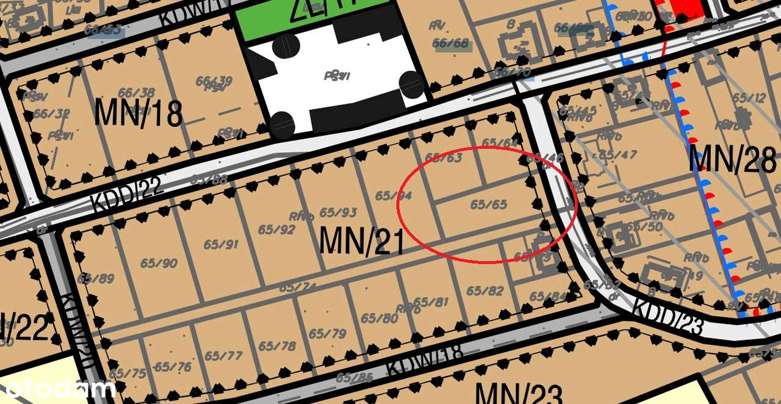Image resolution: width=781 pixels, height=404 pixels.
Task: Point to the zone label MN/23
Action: [519, 393]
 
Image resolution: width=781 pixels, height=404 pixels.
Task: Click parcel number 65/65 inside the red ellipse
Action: [488, 204]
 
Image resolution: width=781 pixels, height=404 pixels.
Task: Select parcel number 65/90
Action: [159, 263]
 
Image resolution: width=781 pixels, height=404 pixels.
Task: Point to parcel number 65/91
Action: [221, 245]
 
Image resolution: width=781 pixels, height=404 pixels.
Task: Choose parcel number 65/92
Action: [276, 229]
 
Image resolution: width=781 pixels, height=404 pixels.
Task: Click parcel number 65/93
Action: [338, 212]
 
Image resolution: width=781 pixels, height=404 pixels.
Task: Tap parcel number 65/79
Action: [327, 334]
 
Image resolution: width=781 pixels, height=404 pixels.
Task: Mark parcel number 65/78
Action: [277, 346]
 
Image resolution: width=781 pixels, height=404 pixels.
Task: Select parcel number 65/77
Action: [223, 356]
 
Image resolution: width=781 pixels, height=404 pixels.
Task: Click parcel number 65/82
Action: [484, 291]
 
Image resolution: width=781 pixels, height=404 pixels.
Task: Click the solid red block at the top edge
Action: [686, 7]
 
